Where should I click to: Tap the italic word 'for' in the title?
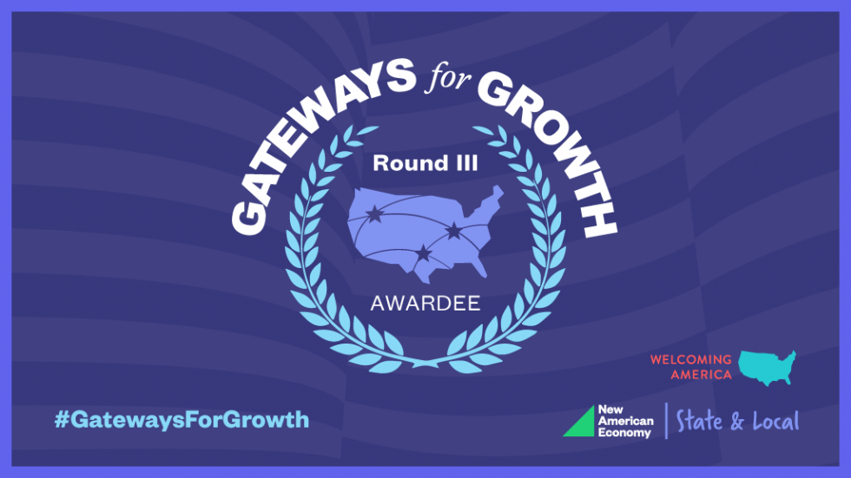(448, 77)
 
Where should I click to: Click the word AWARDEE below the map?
(425, 304)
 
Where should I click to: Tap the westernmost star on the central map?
(374, 214)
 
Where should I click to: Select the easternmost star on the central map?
(453, 232)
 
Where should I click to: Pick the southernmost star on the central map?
(424, 252)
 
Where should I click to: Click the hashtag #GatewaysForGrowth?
(181, 420)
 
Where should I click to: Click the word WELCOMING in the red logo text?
(691, 359)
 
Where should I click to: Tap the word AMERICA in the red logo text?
(702, 375)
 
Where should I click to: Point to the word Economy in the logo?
(624, 433)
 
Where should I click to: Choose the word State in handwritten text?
(699, 421)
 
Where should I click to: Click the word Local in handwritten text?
(776, 421)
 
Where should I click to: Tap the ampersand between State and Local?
(737, 422)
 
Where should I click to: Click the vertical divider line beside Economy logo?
(667, 421)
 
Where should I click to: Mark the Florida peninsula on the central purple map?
(478, 268)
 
